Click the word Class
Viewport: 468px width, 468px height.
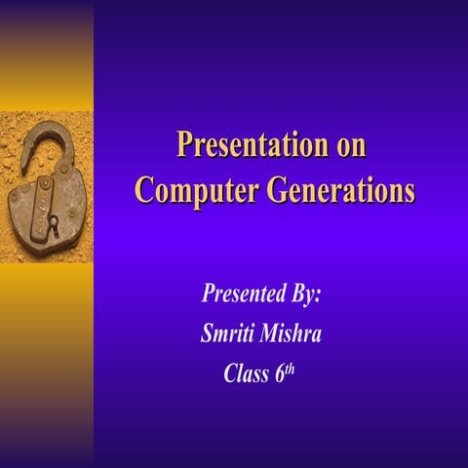[x=246, y=373]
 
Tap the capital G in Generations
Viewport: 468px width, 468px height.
[x=260, y=188]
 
